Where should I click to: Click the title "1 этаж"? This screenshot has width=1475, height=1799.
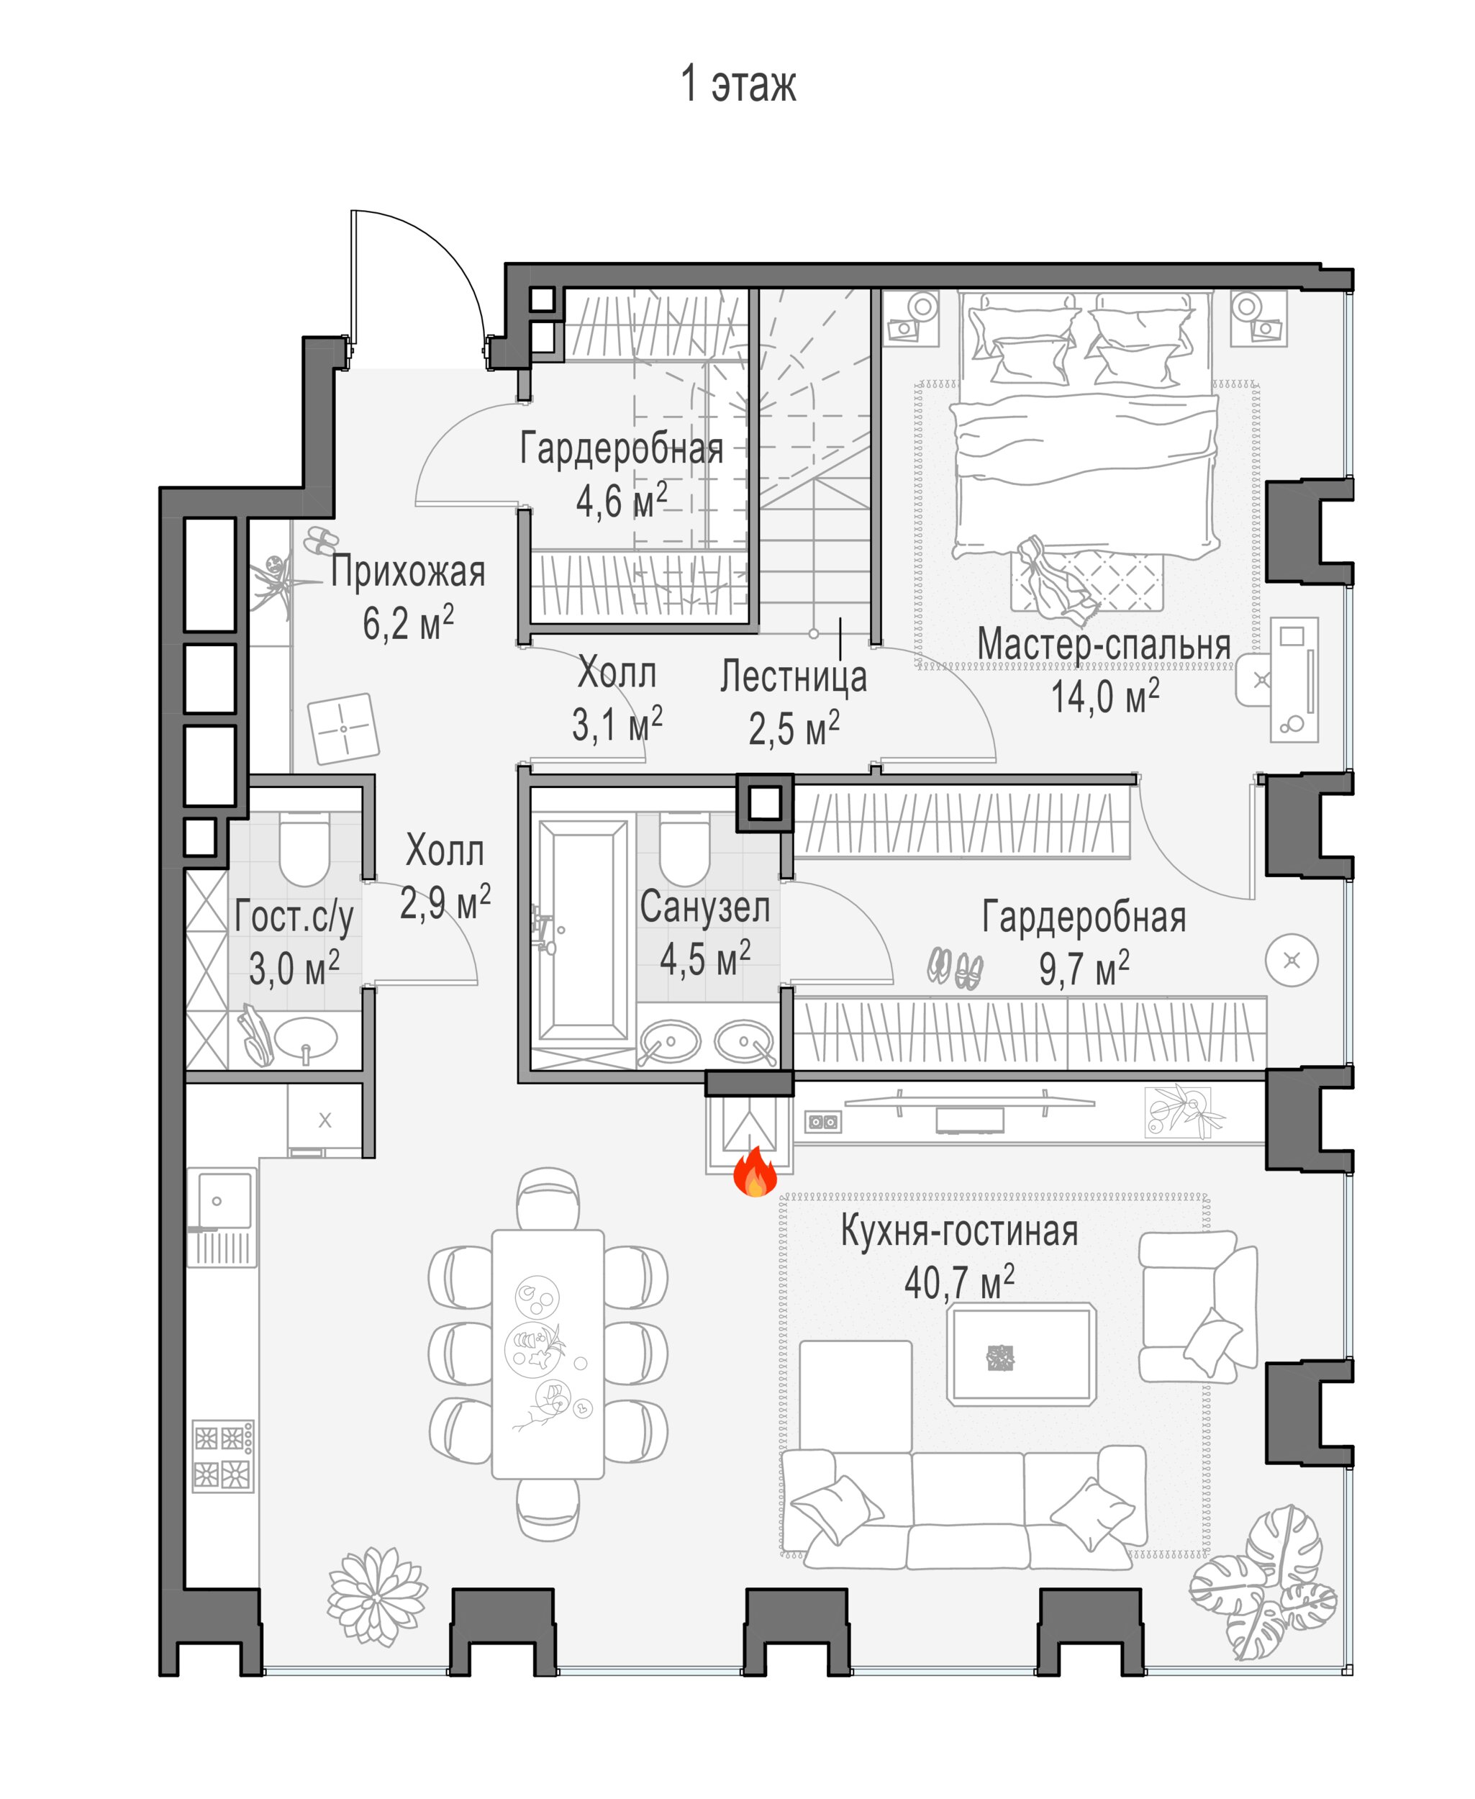(x=737, y=84)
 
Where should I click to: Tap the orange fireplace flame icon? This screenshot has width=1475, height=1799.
(x=755, y=1174)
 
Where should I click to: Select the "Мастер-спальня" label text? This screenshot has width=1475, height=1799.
(x=1104, y=644)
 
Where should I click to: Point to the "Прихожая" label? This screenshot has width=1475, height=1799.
(x=408, y=572)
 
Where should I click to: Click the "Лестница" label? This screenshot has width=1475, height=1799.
(x=794, y=677)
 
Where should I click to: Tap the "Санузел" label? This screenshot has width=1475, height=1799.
(x=704, y=907)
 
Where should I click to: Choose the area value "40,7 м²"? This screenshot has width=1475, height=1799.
(x=959, y=1283)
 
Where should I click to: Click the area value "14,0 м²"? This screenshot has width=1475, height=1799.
(x=1104, y=697)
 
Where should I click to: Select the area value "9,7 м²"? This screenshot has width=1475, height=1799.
(x=1084, y=968)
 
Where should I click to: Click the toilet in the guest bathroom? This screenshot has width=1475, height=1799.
(x=304, y=849)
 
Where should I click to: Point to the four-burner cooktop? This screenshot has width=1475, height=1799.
(x=222, y=1455)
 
